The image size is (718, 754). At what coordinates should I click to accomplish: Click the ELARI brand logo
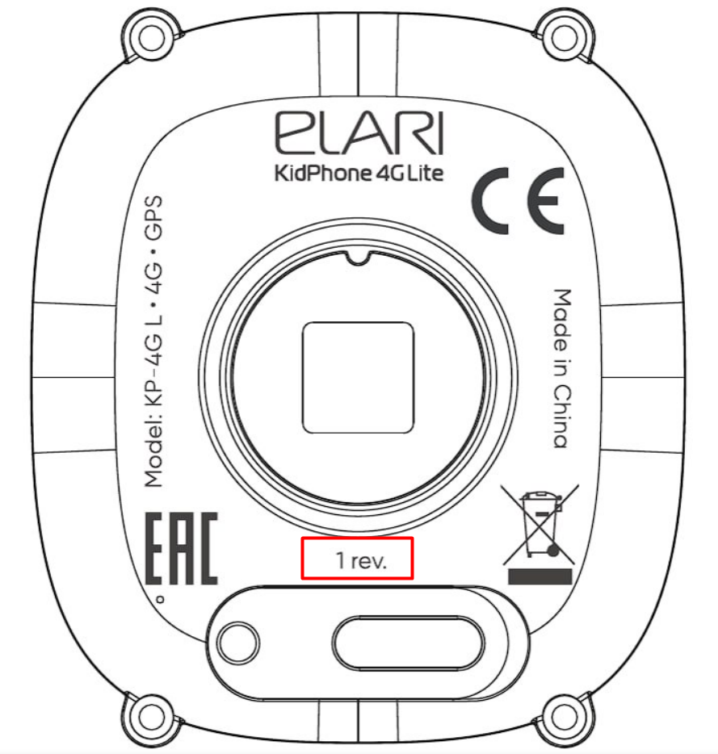[x=359, y=134]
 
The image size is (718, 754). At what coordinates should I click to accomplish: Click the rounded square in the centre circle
[x=359, y=376]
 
